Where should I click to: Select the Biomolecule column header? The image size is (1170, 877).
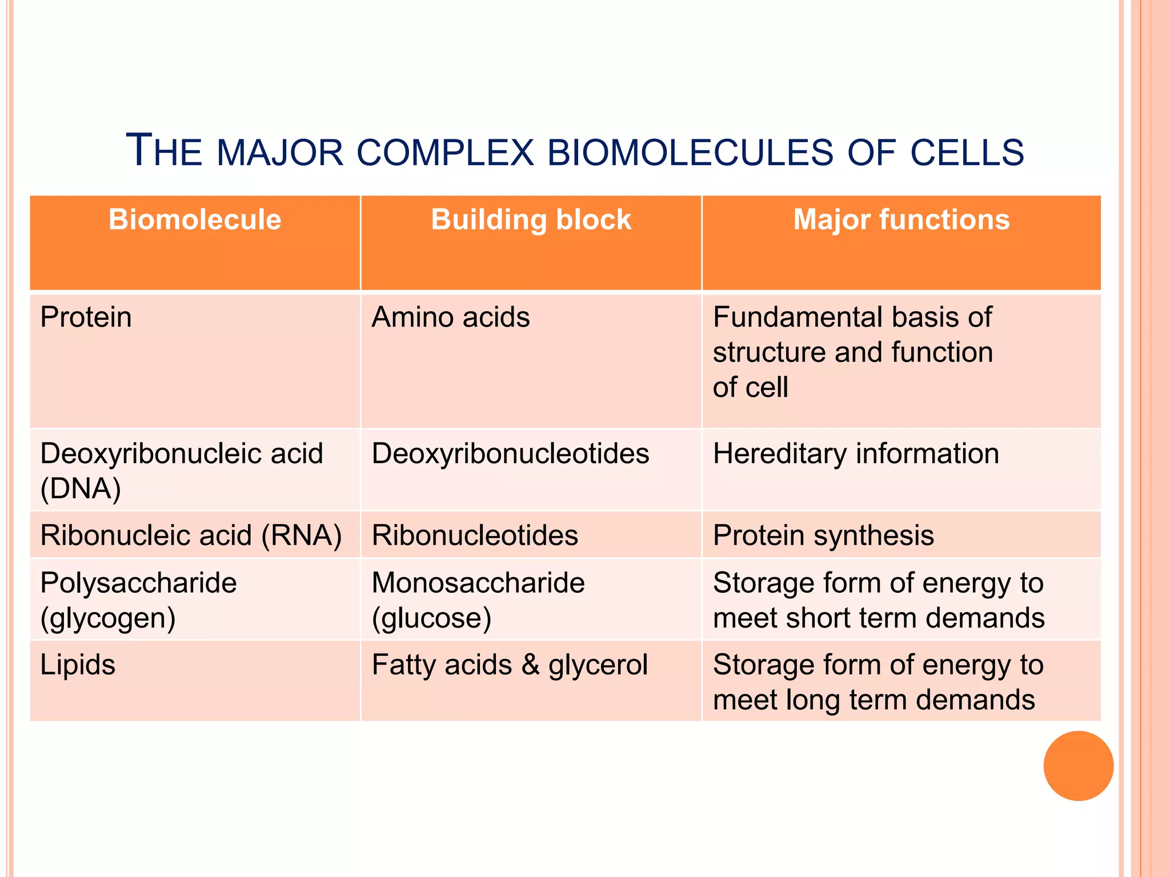pyautogui.click(x=195, y=220)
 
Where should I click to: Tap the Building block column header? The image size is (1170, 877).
pyautogui.click(x=531, y=220)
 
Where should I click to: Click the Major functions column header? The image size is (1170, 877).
pyautogui.click(x=901, y=220)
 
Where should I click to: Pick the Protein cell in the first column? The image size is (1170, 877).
pyautogui.click(x=86, y=317)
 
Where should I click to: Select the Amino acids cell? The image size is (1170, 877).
pyautogui.click(x=451, y=317)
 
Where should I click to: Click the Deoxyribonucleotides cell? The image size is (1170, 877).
pyautogui.click(x=510, y=454)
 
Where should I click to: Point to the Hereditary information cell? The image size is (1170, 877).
pyautogui.click(x=856, y=454)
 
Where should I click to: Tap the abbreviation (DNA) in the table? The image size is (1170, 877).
pyautogui.click(x=81, y=489)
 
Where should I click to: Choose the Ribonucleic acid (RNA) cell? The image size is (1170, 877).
pyautogui.click(x=191, y=536)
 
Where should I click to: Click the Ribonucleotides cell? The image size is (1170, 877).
pyautogui.click(x=475, y=536)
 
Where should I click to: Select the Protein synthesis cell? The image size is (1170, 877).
pyautogui.click(x=823, y=536)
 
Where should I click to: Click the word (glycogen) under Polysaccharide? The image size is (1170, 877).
pyautogui.click(x=108, y=619)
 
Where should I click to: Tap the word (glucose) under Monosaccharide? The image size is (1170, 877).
pyautogui.click(x=431, y=619)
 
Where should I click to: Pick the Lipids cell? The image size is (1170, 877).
pyautogui.click(x=78, y=665)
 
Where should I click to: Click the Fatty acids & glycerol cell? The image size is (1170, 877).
pyautogui.click(x=510, y=665)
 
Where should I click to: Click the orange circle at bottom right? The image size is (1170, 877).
pyautogui.click(x=1078, y=766)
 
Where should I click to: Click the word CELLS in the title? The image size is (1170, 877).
pyautogui.click(x=967, y=153)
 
